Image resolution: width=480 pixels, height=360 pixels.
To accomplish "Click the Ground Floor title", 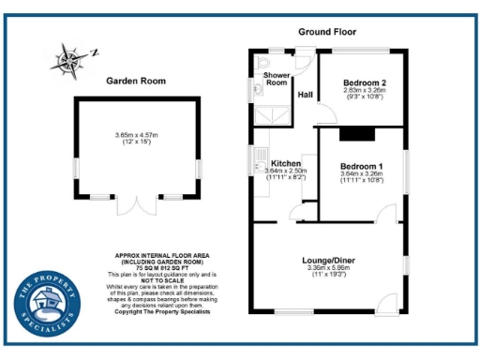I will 328,31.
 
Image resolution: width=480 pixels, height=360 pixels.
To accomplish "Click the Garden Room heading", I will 137,82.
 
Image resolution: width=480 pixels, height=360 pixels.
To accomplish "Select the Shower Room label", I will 276,78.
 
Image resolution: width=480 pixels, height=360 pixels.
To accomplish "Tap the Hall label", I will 306,95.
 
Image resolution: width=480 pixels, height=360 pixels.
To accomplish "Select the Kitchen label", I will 285,162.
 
